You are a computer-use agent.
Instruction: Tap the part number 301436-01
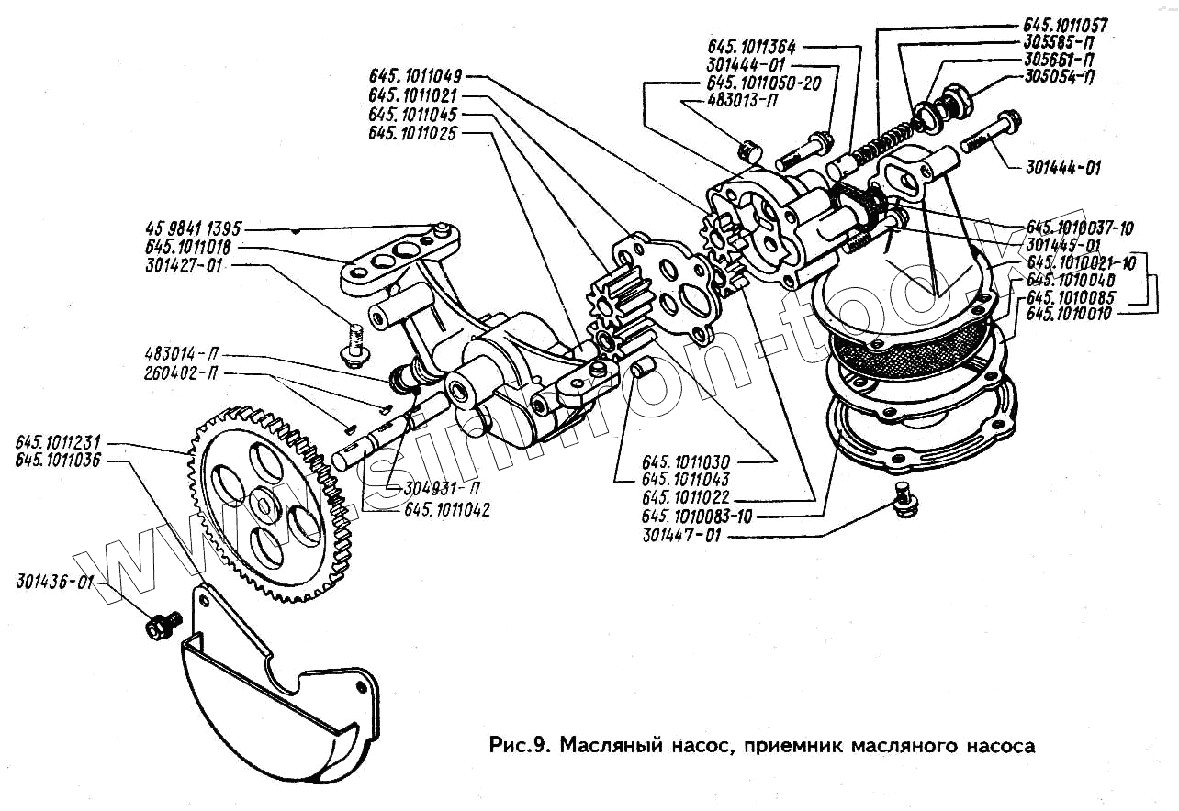coord(54,582)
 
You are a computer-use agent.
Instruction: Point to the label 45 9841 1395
coord(193,228)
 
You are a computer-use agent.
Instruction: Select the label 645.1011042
coord(446,510)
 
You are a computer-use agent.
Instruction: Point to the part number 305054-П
coord(1060,76)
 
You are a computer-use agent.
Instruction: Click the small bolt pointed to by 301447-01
coord(904,501)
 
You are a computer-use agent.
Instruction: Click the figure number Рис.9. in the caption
coord(520,745)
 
